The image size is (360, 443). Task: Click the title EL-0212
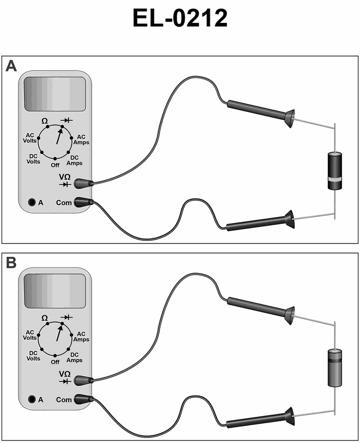(x=180, y=18)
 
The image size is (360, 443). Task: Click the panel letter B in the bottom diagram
(x=11, y=263)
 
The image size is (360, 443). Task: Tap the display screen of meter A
(x=55, y=94)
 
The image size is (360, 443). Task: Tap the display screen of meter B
(x=55, y=291)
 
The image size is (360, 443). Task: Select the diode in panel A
(x=335, y=171)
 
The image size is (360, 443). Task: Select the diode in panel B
(x=335, y=368)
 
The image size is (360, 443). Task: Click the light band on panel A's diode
(x=335, y=179)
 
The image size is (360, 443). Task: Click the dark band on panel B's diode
(x=335, y=361)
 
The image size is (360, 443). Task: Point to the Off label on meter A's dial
(x=55, y=165)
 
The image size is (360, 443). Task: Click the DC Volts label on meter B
(x=33, y=356)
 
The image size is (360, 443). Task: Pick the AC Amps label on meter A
(x=81, y=140)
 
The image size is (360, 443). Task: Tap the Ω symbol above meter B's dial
(x=45, y=318)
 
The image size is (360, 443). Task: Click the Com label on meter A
(x=64, y=202)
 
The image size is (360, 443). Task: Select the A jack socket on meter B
(x=32, y=399)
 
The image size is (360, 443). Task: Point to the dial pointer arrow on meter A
(x=59, y=136)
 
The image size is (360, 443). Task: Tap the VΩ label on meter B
(x=65, y=374)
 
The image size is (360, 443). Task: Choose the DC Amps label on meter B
(x=75, y=358)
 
